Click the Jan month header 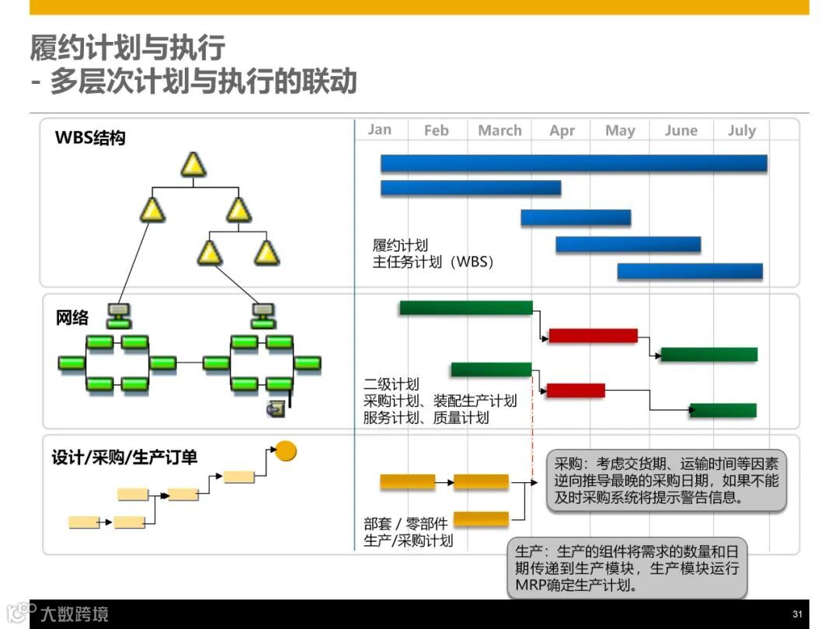380,130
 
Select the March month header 500,130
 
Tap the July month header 741,130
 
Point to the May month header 620,130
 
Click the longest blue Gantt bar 573,163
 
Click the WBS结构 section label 90,139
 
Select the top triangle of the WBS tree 193,164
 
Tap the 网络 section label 72,318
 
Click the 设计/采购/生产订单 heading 124,457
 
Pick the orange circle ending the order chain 287,450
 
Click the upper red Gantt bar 593,335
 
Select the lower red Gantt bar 575,391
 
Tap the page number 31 797,613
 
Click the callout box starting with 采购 667,481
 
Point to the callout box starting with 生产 627,568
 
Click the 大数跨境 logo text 75,614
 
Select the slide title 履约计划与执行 127,48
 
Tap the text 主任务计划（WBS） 433,262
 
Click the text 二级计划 391,384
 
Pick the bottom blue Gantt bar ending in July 690,272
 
